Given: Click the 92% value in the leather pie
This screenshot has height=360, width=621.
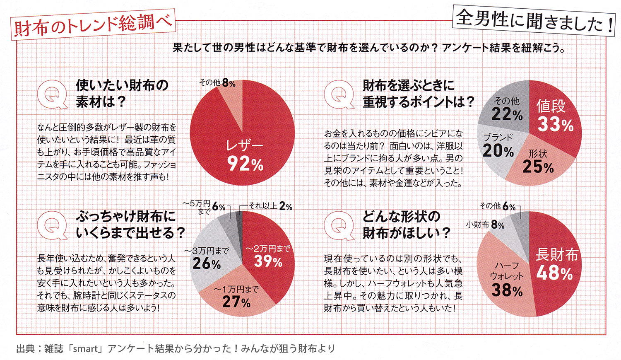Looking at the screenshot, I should pyautogui.click(x=246, y=164).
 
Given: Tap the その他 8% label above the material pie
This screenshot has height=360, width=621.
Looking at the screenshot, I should pyautogui.click(x=217, y=83).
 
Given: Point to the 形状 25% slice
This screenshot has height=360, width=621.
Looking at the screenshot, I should pyautogui.click(x=538, y=162).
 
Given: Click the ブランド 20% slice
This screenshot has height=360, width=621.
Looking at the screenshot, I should pyautogui.click(x=498, y=145).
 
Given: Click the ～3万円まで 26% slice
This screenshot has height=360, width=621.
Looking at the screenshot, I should pyautogui.click(x=207, y=258).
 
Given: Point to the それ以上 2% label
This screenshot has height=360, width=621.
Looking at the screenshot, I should pyautogui.click(x=270, y=206).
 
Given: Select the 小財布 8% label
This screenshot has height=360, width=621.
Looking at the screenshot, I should pyautogui.click(x=485, y=225).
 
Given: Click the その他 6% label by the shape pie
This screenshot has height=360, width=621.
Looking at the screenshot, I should pyautogui.click(x=497, y=206).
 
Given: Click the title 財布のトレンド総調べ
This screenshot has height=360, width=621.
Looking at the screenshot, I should pyautogui.click(x=93, y=25).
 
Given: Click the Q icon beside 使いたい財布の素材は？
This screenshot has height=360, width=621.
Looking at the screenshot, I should pyautogui.click(x=52, y=94).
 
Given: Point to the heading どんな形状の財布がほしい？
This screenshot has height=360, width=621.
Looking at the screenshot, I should pyautogui.click(x=406, y=225).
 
